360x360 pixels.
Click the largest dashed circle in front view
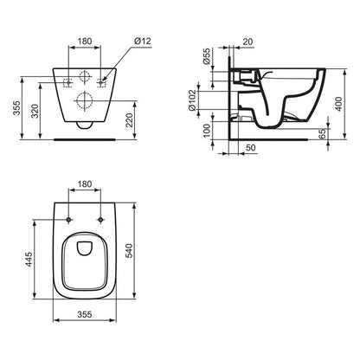click(85, 98)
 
